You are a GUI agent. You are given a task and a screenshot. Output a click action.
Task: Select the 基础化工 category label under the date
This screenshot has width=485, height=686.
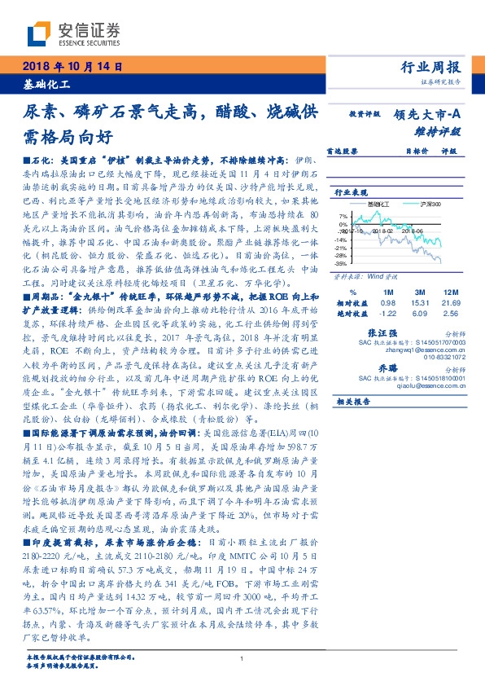coord(46,84)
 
